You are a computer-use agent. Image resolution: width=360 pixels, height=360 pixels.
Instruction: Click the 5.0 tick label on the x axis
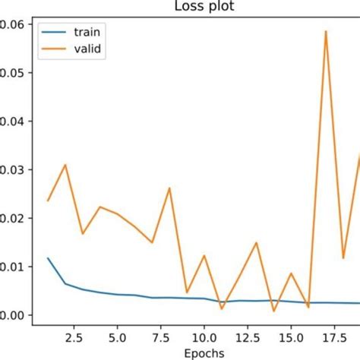117,335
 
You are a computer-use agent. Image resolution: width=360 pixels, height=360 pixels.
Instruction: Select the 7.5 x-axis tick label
160,335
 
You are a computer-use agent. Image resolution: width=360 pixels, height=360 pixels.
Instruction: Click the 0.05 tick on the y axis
11,72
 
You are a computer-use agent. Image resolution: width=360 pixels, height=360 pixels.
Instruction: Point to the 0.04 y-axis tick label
11,121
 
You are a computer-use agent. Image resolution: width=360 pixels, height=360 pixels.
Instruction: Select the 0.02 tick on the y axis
11,218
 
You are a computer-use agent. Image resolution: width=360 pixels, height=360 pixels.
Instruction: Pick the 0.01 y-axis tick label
11,267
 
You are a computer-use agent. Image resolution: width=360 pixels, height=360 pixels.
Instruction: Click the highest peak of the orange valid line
325,31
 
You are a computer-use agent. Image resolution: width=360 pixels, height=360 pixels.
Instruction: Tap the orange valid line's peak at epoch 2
65,164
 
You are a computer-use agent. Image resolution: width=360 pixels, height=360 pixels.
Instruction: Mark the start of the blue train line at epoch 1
48,257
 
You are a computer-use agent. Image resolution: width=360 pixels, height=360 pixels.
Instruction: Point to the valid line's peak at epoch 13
256,242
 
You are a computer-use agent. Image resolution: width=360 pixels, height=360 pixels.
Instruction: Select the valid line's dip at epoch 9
187,292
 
